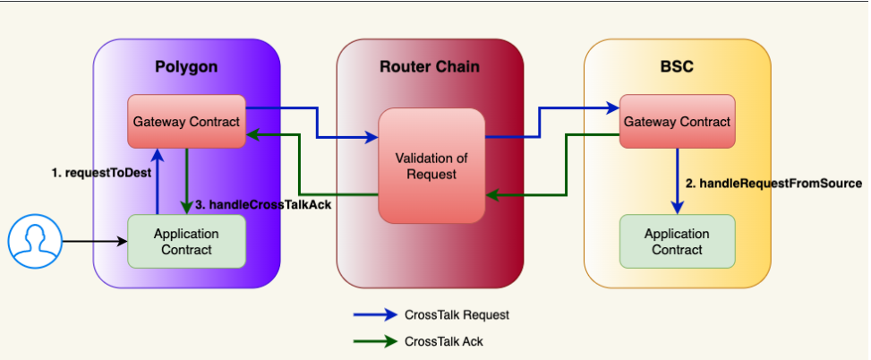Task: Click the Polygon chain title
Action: coord(186,66)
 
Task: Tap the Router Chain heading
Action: coord(430,66)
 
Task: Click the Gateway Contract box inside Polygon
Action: coord(187,122)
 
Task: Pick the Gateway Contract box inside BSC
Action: coord(677,122)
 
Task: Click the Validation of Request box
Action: coord(431,166)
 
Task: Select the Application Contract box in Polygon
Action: coord(186,241)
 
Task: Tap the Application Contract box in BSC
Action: coord(677,241)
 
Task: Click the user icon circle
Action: coord(34,241)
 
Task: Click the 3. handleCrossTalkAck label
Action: coord(263,204)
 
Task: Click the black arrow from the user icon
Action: coord(94,241)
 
